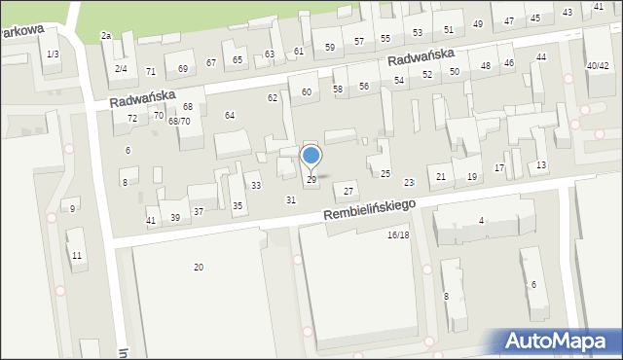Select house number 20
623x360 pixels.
[199, 267]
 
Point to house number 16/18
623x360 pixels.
[398, 235]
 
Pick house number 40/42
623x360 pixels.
[598, 65]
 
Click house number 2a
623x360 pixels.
[106, 36]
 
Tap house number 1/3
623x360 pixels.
[53, 54]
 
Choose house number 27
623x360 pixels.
[348, 191]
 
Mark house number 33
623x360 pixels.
[255, 185]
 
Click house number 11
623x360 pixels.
[77, 255]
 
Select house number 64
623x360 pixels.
[230, 116]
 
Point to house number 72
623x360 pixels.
[132, 118]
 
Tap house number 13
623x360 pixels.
[541, 165]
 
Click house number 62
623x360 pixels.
[273, 98]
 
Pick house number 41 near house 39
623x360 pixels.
[151, 221]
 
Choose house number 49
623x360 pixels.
[477, 23]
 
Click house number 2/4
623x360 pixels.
[121, 69]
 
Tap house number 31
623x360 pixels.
[290, 199]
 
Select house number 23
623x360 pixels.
[409, 182]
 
